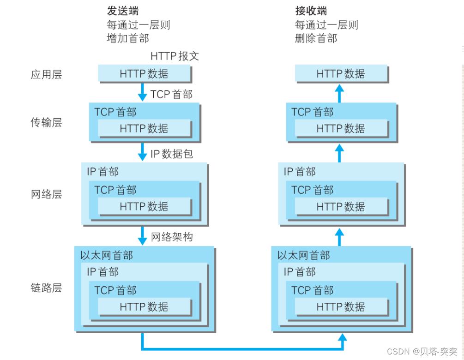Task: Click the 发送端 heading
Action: [x=122, y=11]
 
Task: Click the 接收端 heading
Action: [x=311, y=11]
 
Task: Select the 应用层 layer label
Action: [x=46, y=74]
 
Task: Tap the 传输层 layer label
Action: [x=46, y=122]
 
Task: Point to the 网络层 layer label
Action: [x=46, y=194]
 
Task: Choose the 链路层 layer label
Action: [x=46, y=288]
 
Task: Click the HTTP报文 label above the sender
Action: [x=175, y=56]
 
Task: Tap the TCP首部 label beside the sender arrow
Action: [x=171, y=95]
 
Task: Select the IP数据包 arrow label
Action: [x=172, y=154]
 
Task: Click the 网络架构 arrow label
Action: [x=172, y=238]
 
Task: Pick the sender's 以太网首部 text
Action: [x=107, y=255]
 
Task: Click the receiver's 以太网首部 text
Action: [x=304, y=255]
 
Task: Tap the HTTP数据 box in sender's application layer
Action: [x=144, y=74]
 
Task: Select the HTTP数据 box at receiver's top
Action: [x=341, y=74]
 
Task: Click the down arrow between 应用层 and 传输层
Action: [x=143, y=92]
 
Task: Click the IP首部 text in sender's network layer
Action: [x=102, y=172]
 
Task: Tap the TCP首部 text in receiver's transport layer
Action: [x=312, y=112]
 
